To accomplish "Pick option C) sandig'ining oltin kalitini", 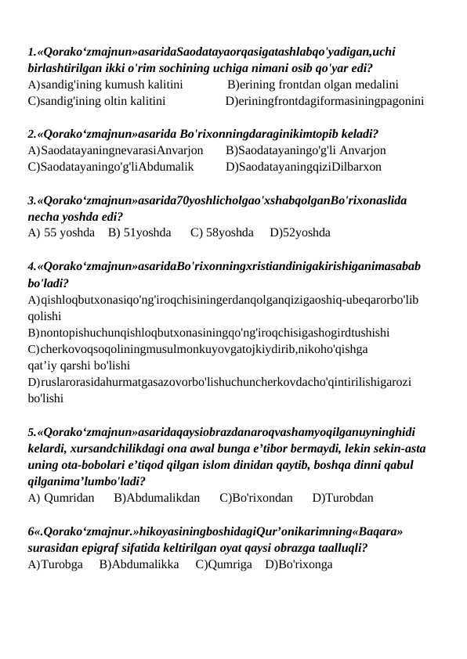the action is (x=96, y=101).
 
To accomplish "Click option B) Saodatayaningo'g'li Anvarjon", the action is (x=305, y=150).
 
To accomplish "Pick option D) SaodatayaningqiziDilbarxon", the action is (x=303, y=167).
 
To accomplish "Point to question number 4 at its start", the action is (x=30, y=265).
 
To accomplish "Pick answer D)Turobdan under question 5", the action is (x=342, y=496).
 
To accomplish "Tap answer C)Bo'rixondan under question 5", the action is (x=256, y=496).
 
